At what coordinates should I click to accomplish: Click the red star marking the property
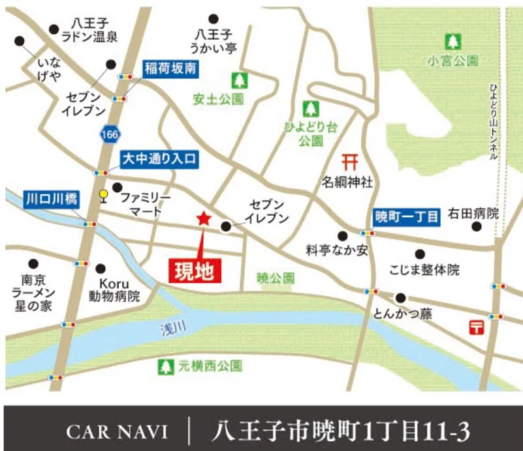tap(204, 220)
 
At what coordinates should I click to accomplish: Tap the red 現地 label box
tap(196, 270)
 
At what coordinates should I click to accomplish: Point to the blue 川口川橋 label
tap(51, 198)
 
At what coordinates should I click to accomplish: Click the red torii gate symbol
tap(351, 160)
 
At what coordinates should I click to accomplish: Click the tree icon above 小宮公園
tap(452, 41)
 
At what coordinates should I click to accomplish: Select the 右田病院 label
tap(473, 213)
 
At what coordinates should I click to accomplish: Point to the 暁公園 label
tap(276, 278)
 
